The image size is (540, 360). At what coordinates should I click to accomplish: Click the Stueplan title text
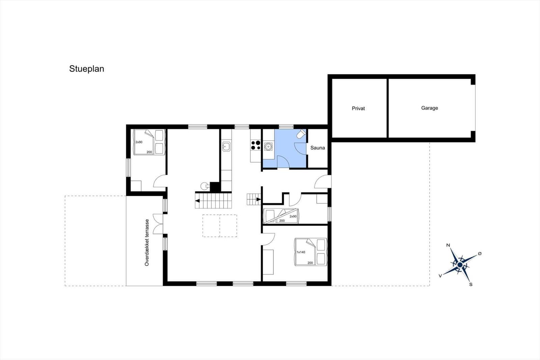(86, 69)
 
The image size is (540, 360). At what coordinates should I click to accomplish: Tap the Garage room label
(429, 108)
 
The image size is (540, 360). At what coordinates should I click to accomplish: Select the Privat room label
(358, 108)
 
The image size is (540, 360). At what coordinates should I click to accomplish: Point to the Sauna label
(318, 148)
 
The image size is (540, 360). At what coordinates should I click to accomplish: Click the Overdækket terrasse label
(147, 242)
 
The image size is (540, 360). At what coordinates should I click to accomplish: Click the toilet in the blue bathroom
(301, 134)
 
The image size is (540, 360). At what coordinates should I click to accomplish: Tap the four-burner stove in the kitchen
(255, 145)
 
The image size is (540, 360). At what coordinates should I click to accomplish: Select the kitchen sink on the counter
(226, 147)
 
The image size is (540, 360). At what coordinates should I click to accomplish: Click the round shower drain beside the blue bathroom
(268, 146)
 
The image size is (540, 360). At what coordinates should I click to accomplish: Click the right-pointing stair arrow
(259, 199)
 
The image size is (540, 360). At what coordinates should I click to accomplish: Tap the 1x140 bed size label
(301, 252)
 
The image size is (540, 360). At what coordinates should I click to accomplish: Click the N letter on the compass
(448, 246)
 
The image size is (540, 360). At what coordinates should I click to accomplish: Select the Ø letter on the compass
(480, 254)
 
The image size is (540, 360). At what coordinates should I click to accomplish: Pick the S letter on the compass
(471, 284)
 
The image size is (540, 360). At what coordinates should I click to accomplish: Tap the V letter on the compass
(440, 276)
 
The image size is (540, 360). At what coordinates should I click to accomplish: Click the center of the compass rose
(460, 265)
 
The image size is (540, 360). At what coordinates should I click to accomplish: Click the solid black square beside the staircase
(215, 187)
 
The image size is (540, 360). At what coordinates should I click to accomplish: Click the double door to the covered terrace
(158, 224)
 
